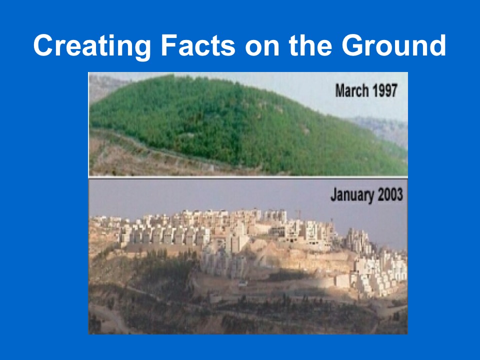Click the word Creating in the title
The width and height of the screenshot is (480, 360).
pyautogui.click(x=92, y=45)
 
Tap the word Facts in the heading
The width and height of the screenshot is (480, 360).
pyautogui.click(x=198, y=45)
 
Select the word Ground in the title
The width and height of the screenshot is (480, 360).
pyautogui.click(x=394, y=45)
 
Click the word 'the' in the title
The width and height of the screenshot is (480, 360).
pyautogui.click(x=310, y=45)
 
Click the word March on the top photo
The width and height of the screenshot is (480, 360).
pyautogui.click(x=351, y=90)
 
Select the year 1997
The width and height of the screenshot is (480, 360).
pyautogui.click(x=385, y=90)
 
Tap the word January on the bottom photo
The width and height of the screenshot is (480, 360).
pyautogui.click(x=352, y=195)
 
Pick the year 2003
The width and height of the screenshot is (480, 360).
pyautogui.click(x=390, y=194)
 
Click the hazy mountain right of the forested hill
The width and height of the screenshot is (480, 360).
pyautogui.click(x=382, y=128)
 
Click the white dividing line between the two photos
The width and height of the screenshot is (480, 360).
pyautogui.click(x=248, y=177)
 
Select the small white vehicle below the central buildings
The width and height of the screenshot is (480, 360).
pyautogui.click(x=243, y=283)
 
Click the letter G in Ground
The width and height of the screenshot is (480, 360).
pyautogui.click(x=352, y=45)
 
